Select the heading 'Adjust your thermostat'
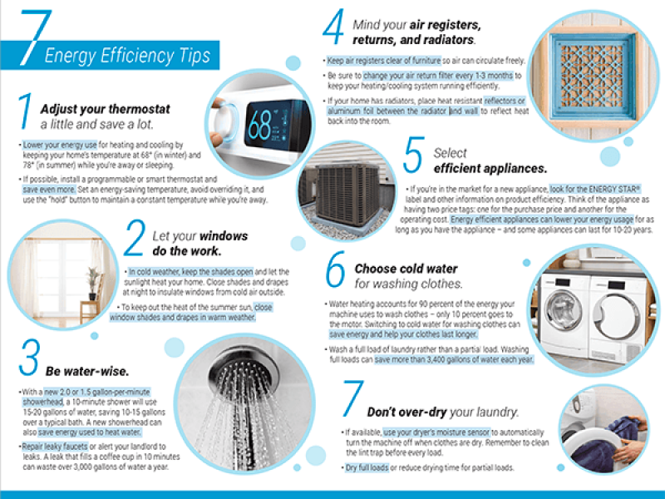pos(105,109)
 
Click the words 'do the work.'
pos(186,250)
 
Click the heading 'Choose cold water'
pos(406,269)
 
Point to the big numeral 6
pos(334,273)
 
